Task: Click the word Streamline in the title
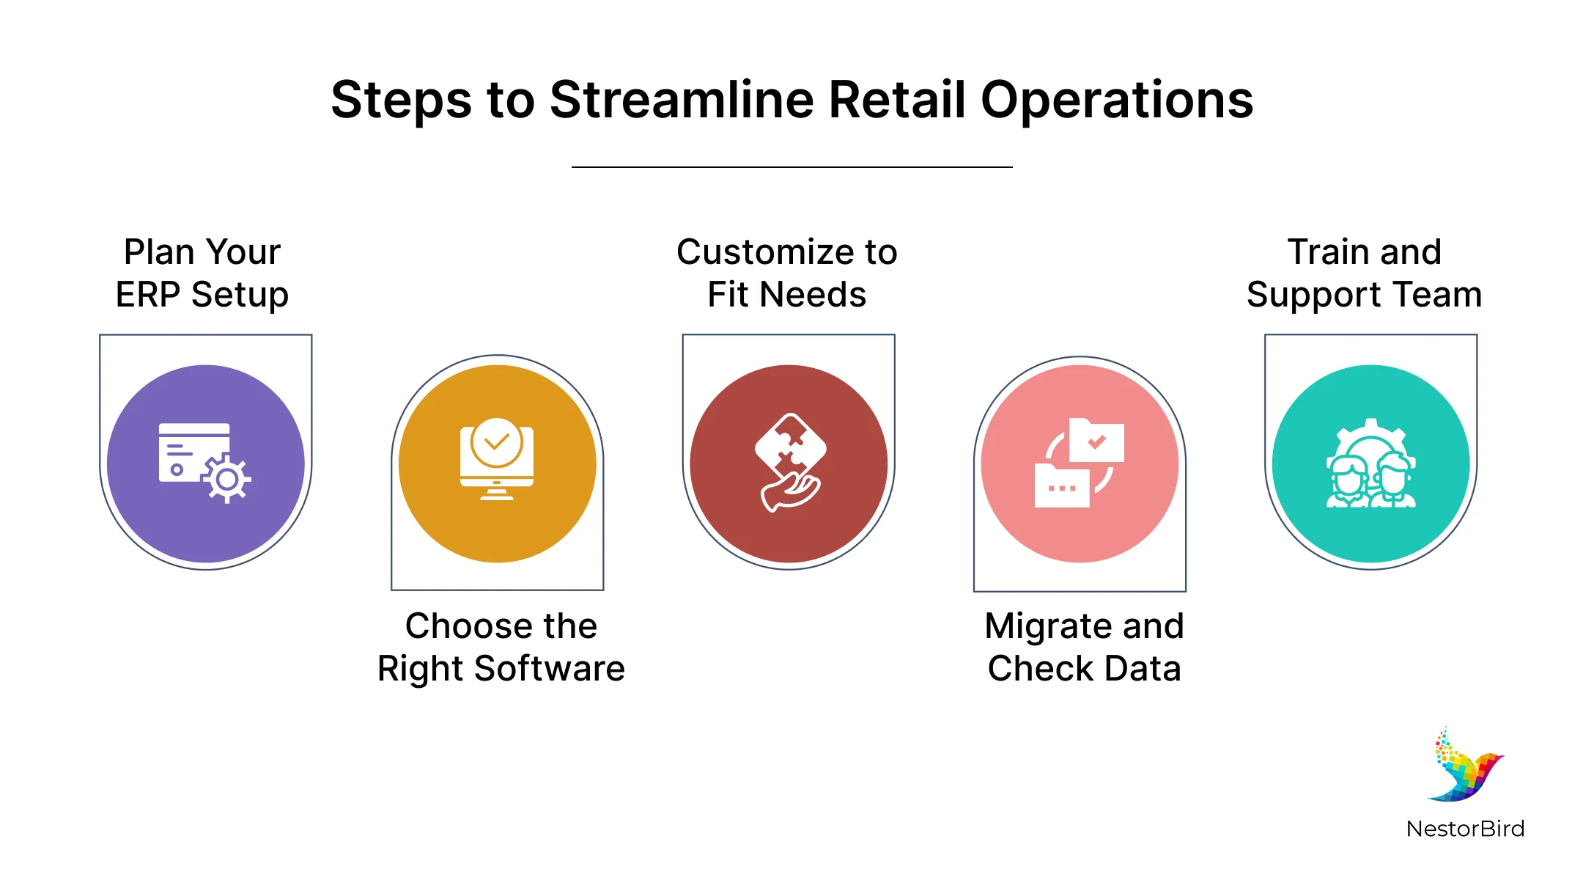click(682, 100)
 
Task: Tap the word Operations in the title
click(1117, 101)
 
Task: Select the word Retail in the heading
click(898, 100)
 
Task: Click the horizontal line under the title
click(791, 167)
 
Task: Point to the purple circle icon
click(206, 463)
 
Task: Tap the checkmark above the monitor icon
click(496, 442)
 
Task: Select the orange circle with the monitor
click(498, 463)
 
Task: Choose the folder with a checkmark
click(1096, 440)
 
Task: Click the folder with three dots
click(1062, 485)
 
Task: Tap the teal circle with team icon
click(1371, 463)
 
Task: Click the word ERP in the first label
click(148, 295)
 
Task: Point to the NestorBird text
click(1466, 829)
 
